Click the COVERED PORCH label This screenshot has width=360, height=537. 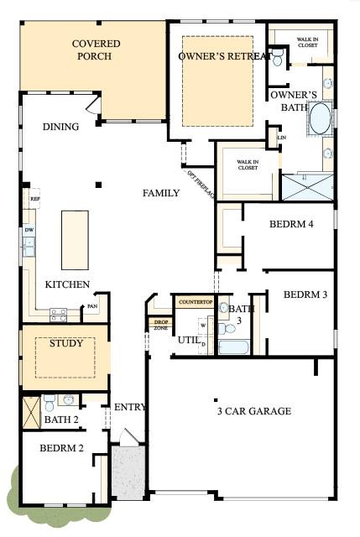click(x=95, y=50)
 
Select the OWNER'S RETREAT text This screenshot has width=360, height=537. click(x=224, y=56)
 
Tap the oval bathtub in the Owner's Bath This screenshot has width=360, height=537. click(x=320, y=120)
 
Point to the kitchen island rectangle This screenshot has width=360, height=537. click(x=75, y=238)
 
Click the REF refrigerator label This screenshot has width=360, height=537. click(x=34, y=199)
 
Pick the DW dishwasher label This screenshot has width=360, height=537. click(x=29, y=228)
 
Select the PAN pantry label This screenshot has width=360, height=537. click(x=92, y=307)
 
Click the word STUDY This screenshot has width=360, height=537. click(x=65, y=343)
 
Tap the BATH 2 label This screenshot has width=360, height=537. click(x=60, y=420)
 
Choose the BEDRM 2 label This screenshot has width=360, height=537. click(x=61, y=448)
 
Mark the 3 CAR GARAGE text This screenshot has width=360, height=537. click(x=253, y=411)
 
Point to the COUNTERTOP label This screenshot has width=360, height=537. click(x=195, y=301)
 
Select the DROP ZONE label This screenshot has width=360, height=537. click(x=159, y=325)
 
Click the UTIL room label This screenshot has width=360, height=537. click(x=187, y=339)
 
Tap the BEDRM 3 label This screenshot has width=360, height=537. click(x=305, y=295)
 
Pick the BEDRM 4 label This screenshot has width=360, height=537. click(x=292, y=225)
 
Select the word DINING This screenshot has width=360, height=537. click(x=60, y=127)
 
